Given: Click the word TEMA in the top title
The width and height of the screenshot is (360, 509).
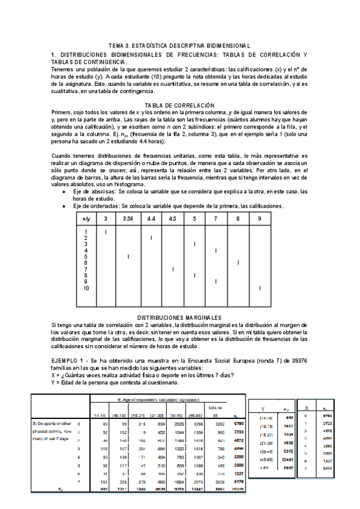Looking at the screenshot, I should [118, 46].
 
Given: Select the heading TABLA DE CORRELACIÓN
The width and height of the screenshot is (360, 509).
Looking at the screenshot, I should [179, 105].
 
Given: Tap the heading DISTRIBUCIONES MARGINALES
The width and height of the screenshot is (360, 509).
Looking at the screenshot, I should [179, 317].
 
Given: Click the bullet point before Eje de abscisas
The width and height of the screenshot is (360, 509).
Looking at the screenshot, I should [64, 191].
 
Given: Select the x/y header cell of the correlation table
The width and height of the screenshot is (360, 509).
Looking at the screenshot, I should [86, 219].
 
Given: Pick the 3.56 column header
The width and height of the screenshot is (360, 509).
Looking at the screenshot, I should [128, 219].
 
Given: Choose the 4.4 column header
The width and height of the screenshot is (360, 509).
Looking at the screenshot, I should [151, 219].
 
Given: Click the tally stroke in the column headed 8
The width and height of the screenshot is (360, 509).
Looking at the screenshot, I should [238, 262].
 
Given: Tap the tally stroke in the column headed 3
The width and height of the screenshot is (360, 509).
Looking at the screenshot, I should [106, 232].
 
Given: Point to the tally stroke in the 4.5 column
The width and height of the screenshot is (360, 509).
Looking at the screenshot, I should [173, 269].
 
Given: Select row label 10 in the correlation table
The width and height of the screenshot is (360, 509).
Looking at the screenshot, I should [86, 288].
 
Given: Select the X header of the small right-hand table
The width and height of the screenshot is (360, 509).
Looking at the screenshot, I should [307, 406].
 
